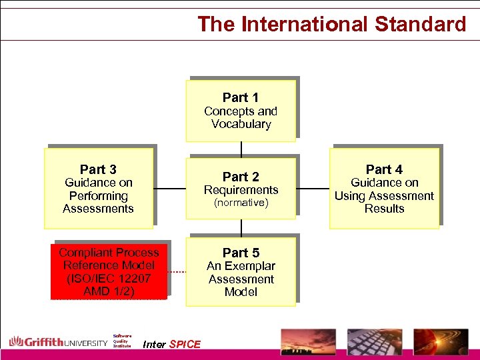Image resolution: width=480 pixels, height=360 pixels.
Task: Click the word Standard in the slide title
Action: pyautogui.click(x=421, y=25)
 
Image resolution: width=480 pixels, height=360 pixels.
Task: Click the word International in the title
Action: pyautogui.click(x=304, y=25)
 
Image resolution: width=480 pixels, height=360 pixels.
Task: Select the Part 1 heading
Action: pyautogui.click(x=241, y=97)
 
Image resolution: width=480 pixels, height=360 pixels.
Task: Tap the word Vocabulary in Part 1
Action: pyautogui.click(x=241, y=124)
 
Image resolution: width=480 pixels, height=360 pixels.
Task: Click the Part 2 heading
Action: pyautogui.click(x=241, y=177)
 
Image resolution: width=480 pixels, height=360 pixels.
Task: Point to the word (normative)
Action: pyautogui.click(x=241, y=203)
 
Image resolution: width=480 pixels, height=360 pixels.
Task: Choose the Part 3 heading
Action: pyautogui.click(x=98, y=169)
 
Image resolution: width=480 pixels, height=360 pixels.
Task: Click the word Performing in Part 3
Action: pyautogui.click(x=98, y=196)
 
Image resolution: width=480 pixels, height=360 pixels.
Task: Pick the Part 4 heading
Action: pyautogui.click(x=384, y=169)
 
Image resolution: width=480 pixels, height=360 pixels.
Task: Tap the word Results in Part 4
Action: pyautogui.click(x=384, y=209)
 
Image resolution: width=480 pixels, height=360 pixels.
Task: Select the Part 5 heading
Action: pyautogui.click(x=241, y=253)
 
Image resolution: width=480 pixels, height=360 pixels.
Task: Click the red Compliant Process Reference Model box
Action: pyautogui.click(x=109, y=272)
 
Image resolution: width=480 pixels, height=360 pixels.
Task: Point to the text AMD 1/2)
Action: pyautogui.click(x=109, y=292)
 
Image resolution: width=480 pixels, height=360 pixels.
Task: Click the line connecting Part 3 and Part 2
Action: pyautogui.click(x=170, y=189)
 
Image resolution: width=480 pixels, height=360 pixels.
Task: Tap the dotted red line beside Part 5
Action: pyautogui.click(x=176, y=272)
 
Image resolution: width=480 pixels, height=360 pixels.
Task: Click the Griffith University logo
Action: pyautogui.click(x=58, y=343)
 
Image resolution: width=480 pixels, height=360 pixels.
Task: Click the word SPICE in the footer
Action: pyautogui.click(x=185, y=345)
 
